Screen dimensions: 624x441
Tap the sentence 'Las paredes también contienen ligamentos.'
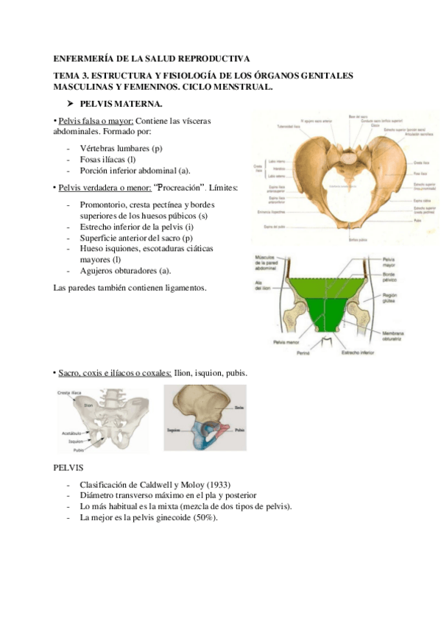click(x=131, y=287)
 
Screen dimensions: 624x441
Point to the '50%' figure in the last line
click(x=205, y=517)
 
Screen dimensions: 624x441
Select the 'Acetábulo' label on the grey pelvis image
click(x=71, y=433)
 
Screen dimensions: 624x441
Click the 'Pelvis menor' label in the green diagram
click(x=286, y=343)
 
